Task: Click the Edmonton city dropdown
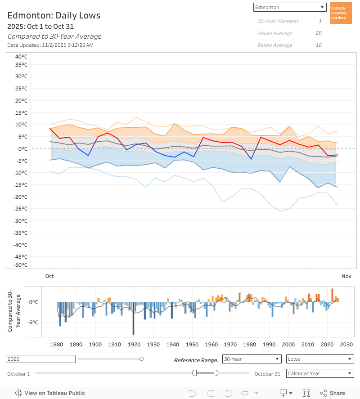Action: [x=290, y=7]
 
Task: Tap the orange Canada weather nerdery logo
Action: [x=341, y=13]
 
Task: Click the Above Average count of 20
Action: [x=319, y=33]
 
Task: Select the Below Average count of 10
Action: [x=319, y=45]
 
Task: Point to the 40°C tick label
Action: [x=21, y=57]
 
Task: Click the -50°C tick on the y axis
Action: [x=21, y=265]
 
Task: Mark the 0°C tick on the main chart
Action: [x=22, y=148]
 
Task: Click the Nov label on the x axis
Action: [x=346, y=276]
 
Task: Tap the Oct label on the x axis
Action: [x=49, y=276]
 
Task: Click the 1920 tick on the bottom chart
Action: [x=134, y=345]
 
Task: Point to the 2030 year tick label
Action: [x=346, y=345]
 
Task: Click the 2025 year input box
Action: [x=40, y=359]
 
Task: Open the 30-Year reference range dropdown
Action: [x=252, y=359]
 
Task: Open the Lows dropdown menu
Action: [x=319, y=359]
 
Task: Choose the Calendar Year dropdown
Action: [x=319, y=373]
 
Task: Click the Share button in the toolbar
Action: [x=333, y=393]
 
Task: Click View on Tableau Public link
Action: [x=50, y=393]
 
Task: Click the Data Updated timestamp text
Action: [x=50, y=45]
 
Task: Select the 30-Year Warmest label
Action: [x=278, y=21]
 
